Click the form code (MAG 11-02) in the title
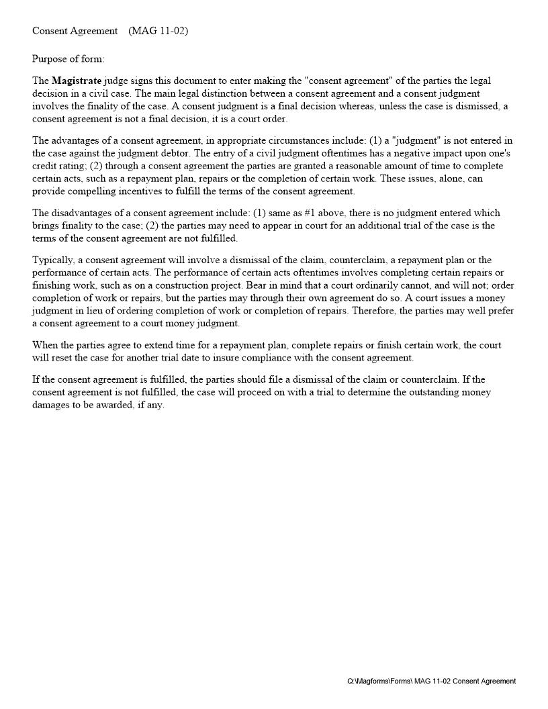(158, 31)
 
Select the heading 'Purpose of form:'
(68, 59)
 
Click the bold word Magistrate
(77, 81)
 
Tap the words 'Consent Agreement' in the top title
(75, 31)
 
